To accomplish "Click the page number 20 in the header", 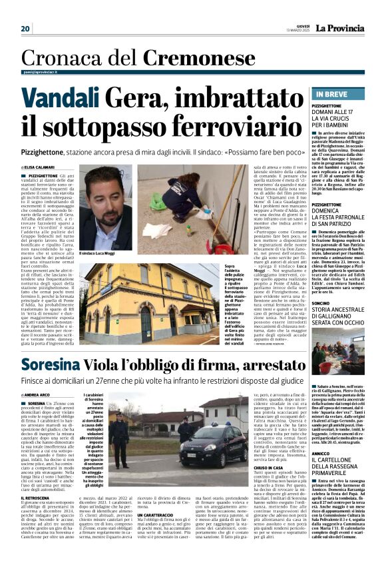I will coord(26,29).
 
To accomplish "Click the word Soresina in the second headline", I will coord(58,366).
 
